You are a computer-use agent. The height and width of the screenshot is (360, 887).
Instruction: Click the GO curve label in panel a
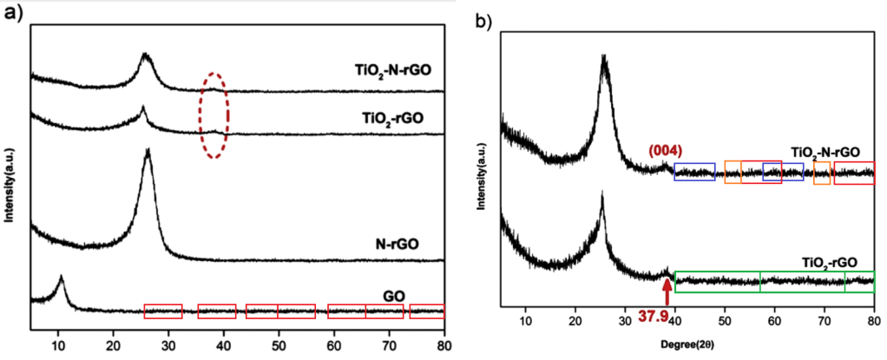coord(393,294)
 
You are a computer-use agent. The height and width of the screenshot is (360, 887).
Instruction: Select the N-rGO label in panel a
coord(393,245)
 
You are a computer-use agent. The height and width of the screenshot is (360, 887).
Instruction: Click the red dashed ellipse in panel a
coord(214,109)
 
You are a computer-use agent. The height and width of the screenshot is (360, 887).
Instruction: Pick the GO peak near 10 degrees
coord(61,279)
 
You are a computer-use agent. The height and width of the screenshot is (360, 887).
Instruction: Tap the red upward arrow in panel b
coord(666,291)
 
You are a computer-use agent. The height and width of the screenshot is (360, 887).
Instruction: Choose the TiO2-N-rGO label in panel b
coord(825,151)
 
